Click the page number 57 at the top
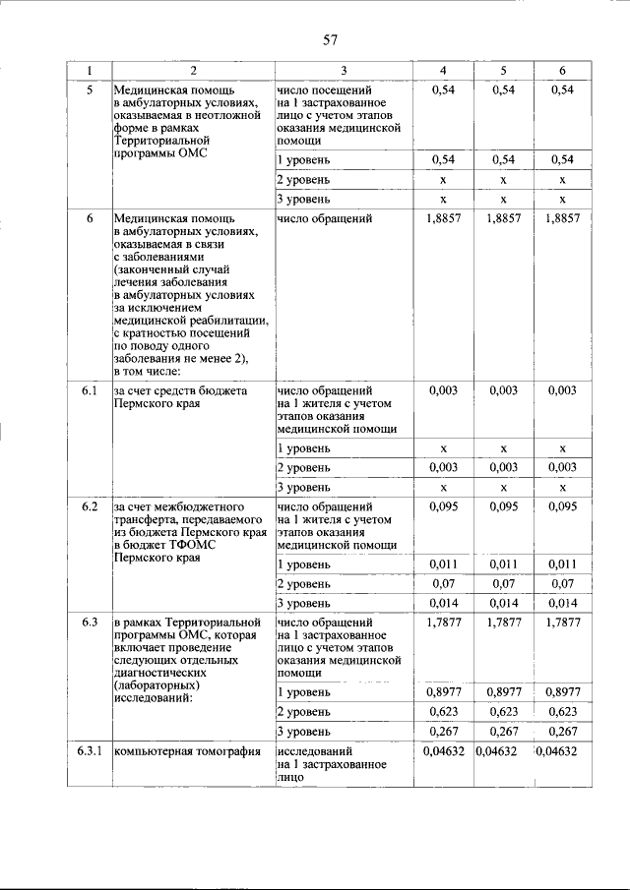(x=330, y=40)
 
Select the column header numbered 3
(x=344, y=70)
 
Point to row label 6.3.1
(x=89, y=752)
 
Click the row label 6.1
(x=89, y=391)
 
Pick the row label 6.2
(x=89, y=506)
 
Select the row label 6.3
(x=89, y=623)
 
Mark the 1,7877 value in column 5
(x=502, y=623)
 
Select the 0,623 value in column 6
(x=562, y=711)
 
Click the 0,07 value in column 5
(x=502, y=584)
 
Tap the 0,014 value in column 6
(x=562, y=603)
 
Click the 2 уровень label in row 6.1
(x=303, y=468)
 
